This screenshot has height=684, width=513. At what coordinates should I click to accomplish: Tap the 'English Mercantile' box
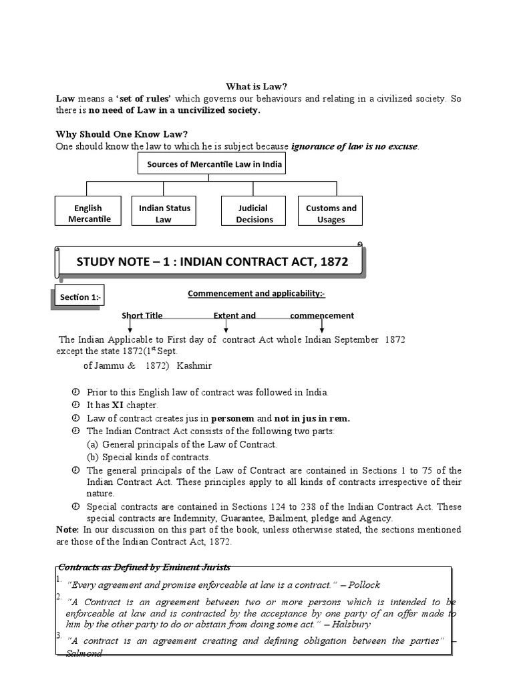point(88,213)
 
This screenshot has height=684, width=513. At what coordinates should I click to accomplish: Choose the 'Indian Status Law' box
point(164,213)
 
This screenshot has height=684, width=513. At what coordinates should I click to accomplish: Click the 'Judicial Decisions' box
point(254,213)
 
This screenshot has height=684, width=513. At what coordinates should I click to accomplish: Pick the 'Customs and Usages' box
point(331,213)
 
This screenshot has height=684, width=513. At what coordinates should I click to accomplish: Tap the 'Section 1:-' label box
point(79,297)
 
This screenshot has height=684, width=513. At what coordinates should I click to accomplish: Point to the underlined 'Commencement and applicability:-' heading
point(256,293)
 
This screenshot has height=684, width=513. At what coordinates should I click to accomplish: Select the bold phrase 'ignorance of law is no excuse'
point(355,146)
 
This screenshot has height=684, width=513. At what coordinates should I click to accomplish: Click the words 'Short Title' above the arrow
point(142,315)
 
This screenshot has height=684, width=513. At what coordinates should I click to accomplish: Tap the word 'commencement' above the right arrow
point(322,315)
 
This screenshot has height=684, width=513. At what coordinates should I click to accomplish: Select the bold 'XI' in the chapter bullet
point(118,405)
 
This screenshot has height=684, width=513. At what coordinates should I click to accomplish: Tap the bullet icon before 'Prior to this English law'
point(75,392)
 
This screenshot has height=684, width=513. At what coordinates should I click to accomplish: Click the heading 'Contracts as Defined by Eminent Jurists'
point(144,567)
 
